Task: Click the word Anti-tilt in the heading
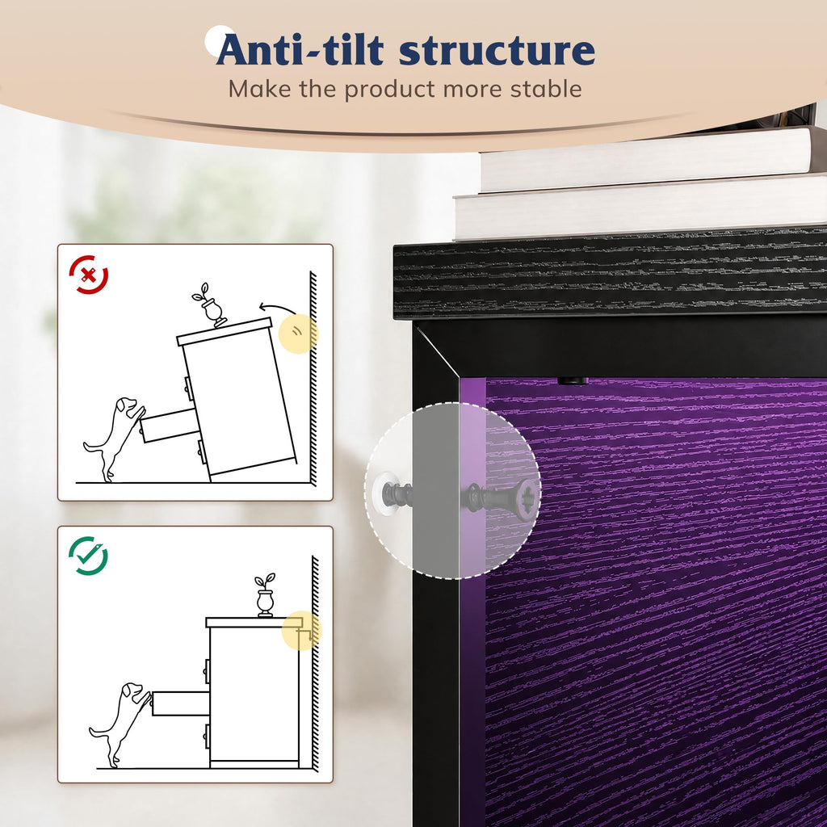pos(300,49)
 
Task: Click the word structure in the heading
pos(497,50)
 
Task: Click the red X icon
pos(89,275)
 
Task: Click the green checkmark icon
pos(89,556)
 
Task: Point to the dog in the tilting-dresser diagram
pos(113,439)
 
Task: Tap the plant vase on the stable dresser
pos(265,595)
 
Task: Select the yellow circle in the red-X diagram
pos(298,334)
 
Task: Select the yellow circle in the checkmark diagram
pos(301,630)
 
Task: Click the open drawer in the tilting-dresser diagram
pos(168,425)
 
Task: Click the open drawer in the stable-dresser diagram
pos(180,703)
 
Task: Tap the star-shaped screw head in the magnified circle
pos(524,499)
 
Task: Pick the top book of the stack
pos(646,158)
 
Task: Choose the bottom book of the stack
pos(640,208)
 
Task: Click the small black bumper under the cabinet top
pos(573,380)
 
